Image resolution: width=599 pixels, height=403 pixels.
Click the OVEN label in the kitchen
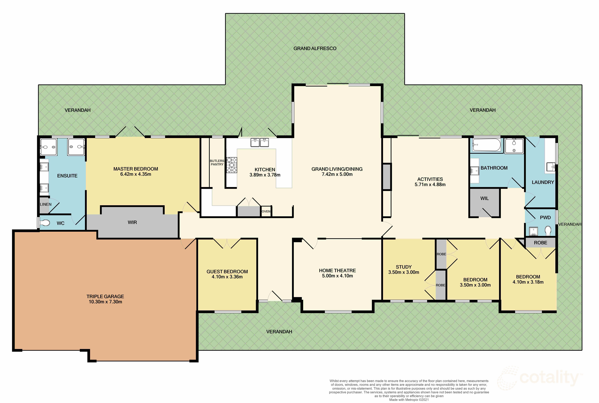coord(266,211)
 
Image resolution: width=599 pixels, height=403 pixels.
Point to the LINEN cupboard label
coord(46,204)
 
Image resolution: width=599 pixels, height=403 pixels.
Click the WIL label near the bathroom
coord(484,198)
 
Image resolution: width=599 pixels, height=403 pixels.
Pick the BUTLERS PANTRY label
coord(217,162)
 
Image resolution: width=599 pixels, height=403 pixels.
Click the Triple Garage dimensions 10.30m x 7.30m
coord(105,302)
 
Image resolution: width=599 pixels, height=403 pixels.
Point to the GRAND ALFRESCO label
coord(315,48)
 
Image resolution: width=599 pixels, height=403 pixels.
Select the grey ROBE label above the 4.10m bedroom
coord(540,243)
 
